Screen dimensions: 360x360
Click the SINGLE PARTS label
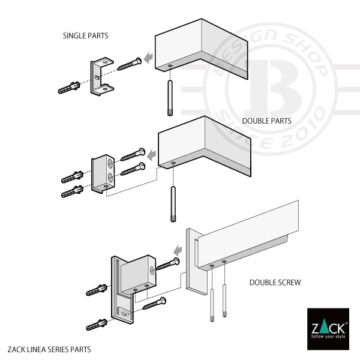coord(86,36)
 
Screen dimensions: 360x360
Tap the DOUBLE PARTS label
coord(266,121)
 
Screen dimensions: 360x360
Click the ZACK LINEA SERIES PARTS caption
coord(49,349)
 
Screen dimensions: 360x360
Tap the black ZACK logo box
coord(328,329)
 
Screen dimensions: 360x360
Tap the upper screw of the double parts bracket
coord(133,154)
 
